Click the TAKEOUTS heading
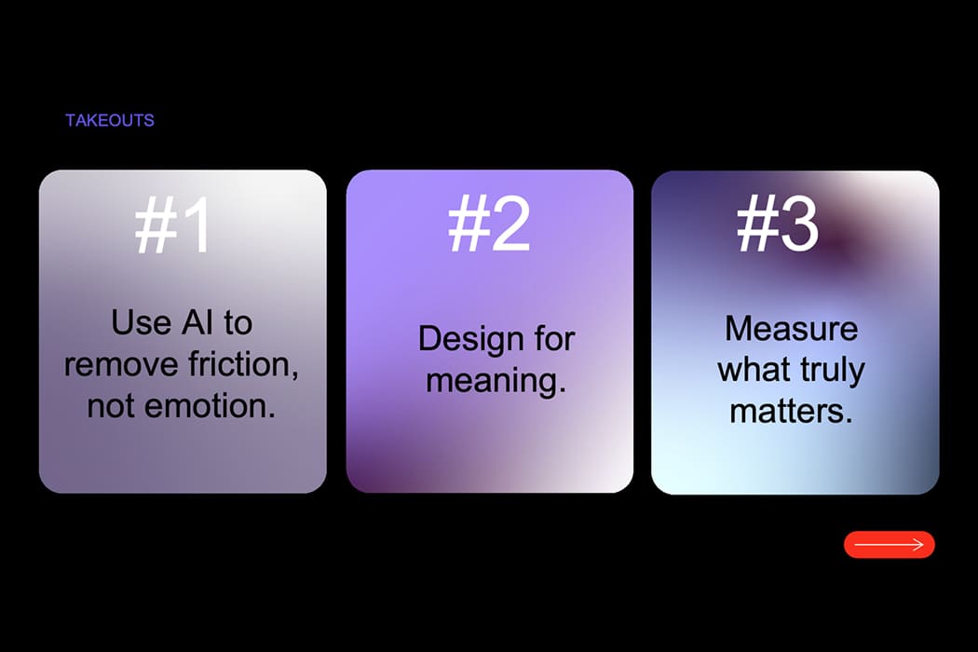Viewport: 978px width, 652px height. [110, 120]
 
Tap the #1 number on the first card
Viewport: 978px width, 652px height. [172, 224]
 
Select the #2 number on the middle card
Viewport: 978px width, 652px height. [489, 224]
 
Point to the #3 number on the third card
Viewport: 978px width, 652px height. [777, 224]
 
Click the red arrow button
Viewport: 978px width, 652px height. [889, 545]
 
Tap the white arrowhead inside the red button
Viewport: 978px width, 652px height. [917, 545]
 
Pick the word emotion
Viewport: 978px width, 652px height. [211, 406]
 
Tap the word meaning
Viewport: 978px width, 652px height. [496, 381]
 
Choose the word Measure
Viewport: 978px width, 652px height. [791, 328]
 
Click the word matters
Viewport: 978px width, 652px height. [791, 411]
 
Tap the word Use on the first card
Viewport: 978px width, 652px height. [141, 322]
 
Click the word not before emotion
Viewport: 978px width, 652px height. [112, 407]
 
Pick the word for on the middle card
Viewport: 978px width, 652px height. [554, 339]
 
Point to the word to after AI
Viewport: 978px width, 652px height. [238, 323]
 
